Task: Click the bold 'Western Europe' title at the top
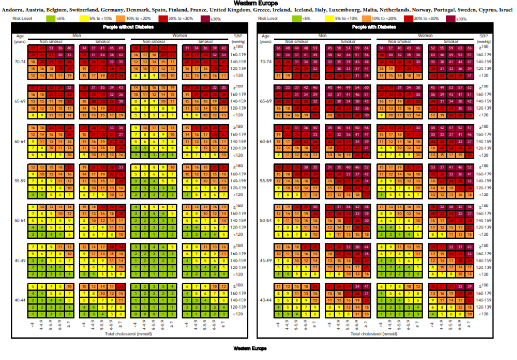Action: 258,3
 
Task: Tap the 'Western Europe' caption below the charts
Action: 249,349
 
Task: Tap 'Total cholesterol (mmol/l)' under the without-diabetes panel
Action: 127,333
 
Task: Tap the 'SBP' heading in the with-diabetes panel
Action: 484,37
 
